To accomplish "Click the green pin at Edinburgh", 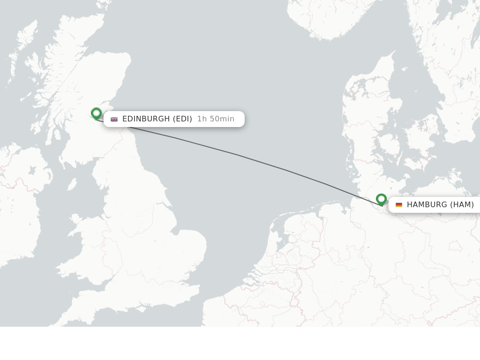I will [96, 113].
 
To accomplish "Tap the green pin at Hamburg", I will [381, 199].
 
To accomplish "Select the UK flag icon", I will [114, 119].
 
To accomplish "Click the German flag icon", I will [399, 205].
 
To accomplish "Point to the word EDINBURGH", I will [146, 119].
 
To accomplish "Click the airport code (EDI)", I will [182, 119].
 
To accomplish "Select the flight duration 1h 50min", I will [216, 119].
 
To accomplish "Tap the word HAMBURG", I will [427, 205].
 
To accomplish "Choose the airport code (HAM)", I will [462, 205].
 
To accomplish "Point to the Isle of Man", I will [72, 184].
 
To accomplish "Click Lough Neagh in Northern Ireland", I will [32, 169].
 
